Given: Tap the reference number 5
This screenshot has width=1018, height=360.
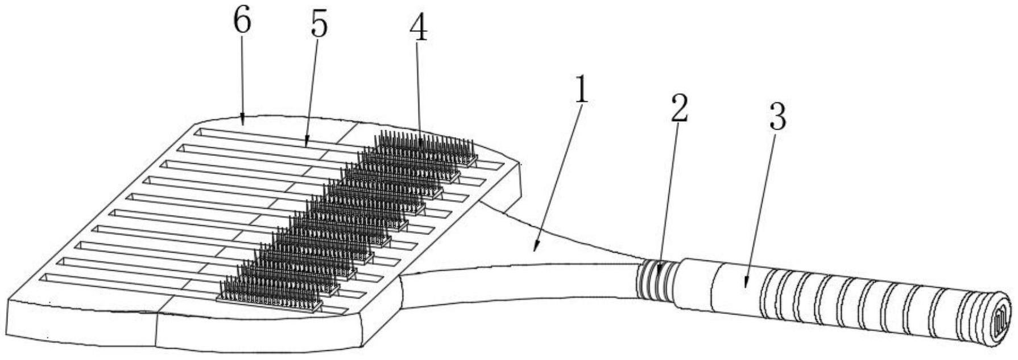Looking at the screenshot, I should pyautogui.click(x=319, y=26).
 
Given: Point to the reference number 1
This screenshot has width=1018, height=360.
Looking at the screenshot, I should pyautogui.click(x=580, y=91).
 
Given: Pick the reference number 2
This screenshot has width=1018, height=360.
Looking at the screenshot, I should pyautogui.click(x=678, y=108).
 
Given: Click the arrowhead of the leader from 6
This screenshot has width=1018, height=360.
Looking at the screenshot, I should pyautogui.click(x=243, y=123).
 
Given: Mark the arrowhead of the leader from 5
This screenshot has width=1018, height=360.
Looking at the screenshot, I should pyautogui.click(x=306, y=144).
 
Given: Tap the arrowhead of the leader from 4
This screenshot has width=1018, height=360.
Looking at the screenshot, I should pyautogui.click(x=421, y=149).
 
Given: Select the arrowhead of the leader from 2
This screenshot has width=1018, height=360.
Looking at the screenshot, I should pyautogui.click(x=659, y=276).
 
